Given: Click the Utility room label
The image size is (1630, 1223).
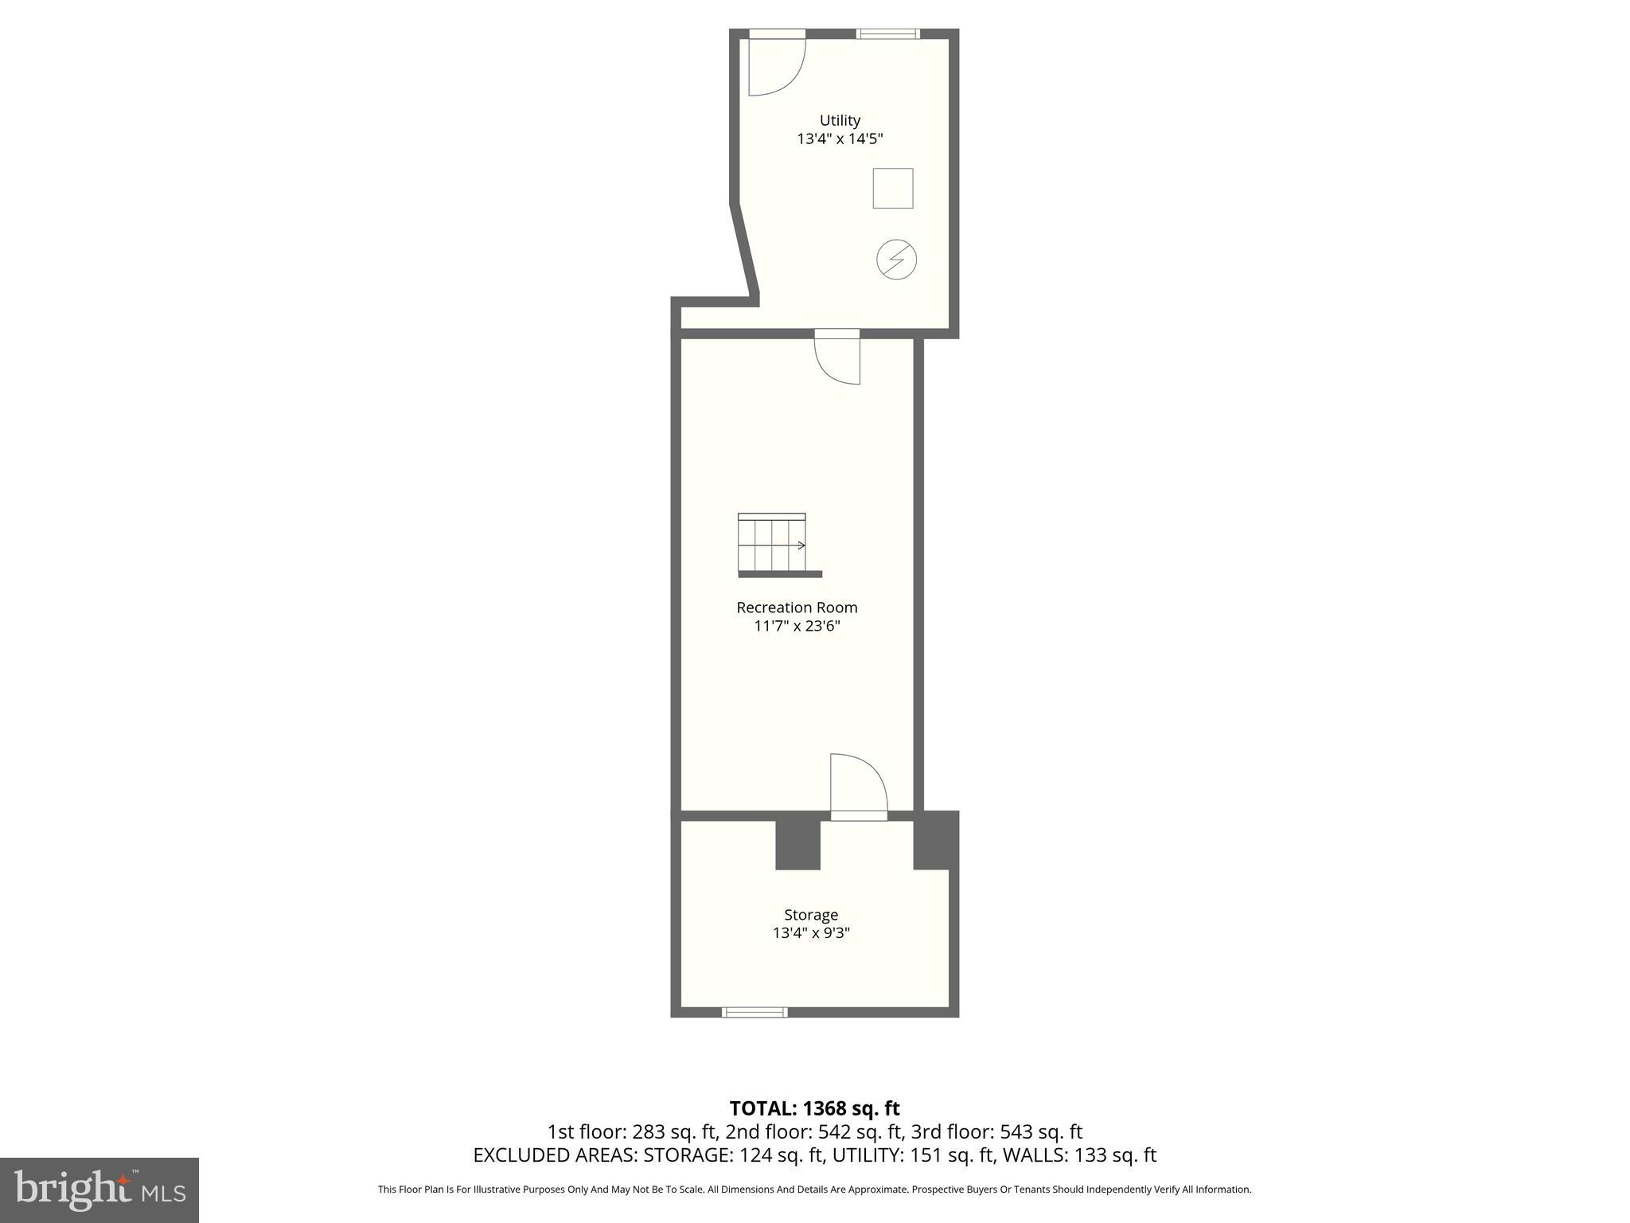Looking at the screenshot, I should point(840,120).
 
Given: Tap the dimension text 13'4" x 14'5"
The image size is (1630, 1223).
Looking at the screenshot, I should point(840,139).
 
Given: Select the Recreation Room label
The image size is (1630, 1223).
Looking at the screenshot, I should point(797,608).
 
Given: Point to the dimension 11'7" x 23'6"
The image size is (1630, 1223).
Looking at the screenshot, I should point(797,627).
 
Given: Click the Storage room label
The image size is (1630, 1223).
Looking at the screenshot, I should point(811,915).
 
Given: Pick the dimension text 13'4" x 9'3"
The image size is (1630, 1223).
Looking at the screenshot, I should point(811,933).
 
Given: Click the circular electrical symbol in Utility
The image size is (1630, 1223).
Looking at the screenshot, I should point(896,260).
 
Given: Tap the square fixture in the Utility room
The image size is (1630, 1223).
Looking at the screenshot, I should point(892,189).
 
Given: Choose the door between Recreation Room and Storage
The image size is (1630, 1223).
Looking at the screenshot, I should point(858,788).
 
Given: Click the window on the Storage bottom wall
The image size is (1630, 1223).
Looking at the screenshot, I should point(755,1012).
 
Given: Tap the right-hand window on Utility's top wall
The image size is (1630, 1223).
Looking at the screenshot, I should point(887,33).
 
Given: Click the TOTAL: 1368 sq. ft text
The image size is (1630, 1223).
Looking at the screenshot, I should point(814,1108).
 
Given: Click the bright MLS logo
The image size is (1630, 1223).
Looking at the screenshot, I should point(99,1190).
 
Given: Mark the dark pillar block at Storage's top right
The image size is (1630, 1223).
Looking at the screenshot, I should point(935,841).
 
